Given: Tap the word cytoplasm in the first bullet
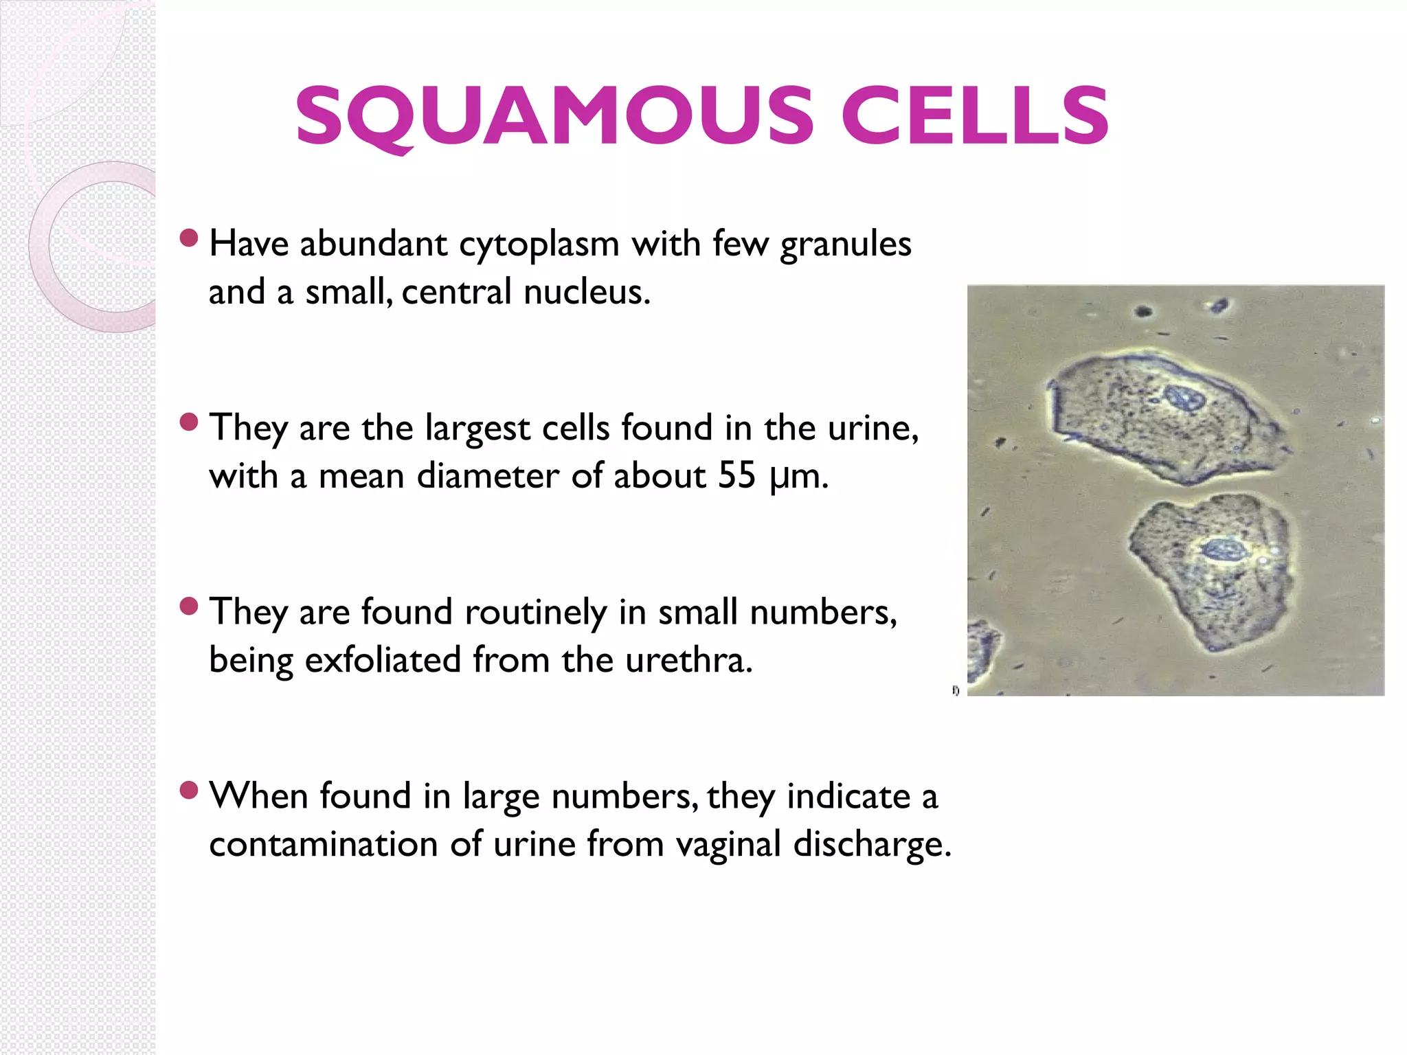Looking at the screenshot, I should [539, 245].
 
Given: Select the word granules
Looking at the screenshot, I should [846, 245].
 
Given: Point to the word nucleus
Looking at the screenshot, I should [585, 293].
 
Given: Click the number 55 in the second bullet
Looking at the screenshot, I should [736, 476].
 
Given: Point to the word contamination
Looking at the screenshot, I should [324, 844].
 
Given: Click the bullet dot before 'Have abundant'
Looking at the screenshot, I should [188, 238].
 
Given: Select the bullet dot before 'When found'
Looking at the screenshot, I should [188, 791].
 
